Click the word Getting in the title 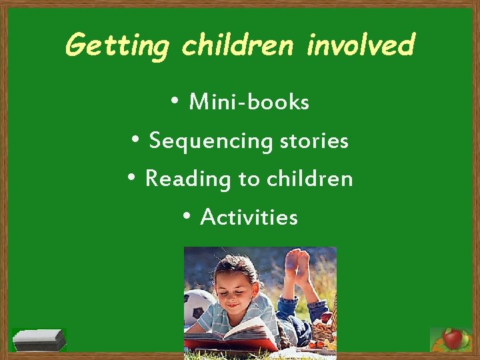pos(118,46)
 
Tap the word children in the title pos(238,45)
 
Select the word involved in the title pos(361,45)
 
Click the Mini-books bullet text pos(249,103)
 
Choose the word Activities pos(249,217)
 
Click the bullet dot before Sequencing pos(135,139)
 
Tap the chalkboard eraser pos(40,340)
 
